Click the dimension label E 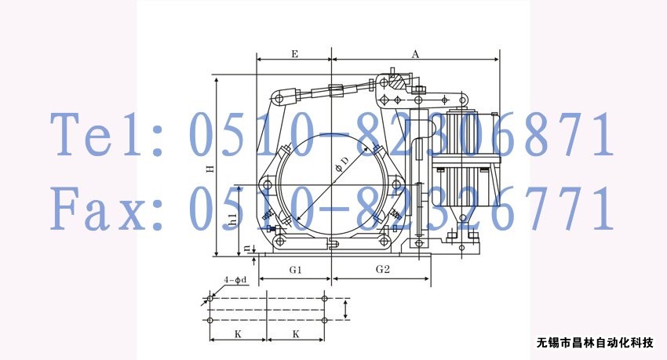tap(294, 54)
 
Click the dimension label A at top tap(415, 54)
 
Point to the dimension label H tap(210, 169)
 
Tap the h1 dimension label tap(232, 219)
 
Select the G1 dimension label tap(295, 270)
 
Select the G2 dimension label tap(382, 269)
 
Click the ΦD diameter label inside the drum tap(341, 164)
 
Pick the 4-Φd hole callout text tap(235, 280)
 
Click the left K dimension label tap(238, 334)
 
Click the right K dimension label tap(296, 334)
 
